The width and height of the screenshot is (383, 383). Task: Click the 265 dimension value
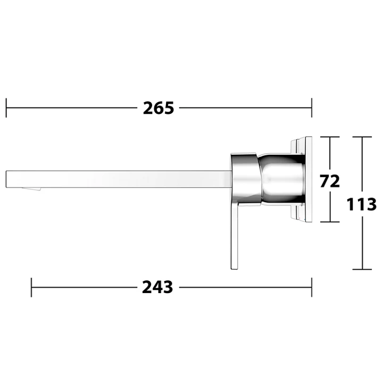(159, 108)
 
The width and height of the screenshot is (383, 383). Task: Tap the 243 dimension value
(157, 287)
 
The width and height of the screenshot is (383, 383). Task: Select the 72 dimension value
(330, 181)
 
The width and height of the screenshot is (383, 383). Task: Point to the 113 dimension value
(362, 204)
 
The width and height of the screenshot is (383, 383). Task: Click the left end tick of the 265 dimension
(6, 107)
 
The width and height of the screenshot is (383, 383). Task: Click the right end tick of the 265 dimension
(312, 107)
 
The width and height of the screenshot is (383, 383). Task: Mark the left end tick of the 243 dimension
(31, 287)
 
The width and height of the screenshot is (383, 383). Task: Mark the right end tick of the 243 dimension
(312, 287)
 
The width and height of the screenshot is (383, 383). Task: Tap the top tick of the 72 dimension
(330, 137)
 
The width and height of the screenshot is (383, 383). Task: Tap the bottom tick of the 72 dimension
(330, 222)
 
